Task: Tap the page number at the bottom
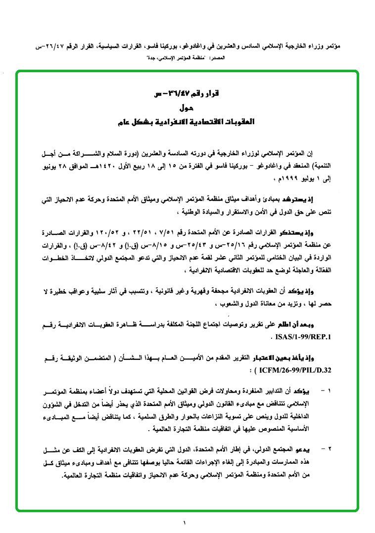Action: (x=185, y=522)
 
